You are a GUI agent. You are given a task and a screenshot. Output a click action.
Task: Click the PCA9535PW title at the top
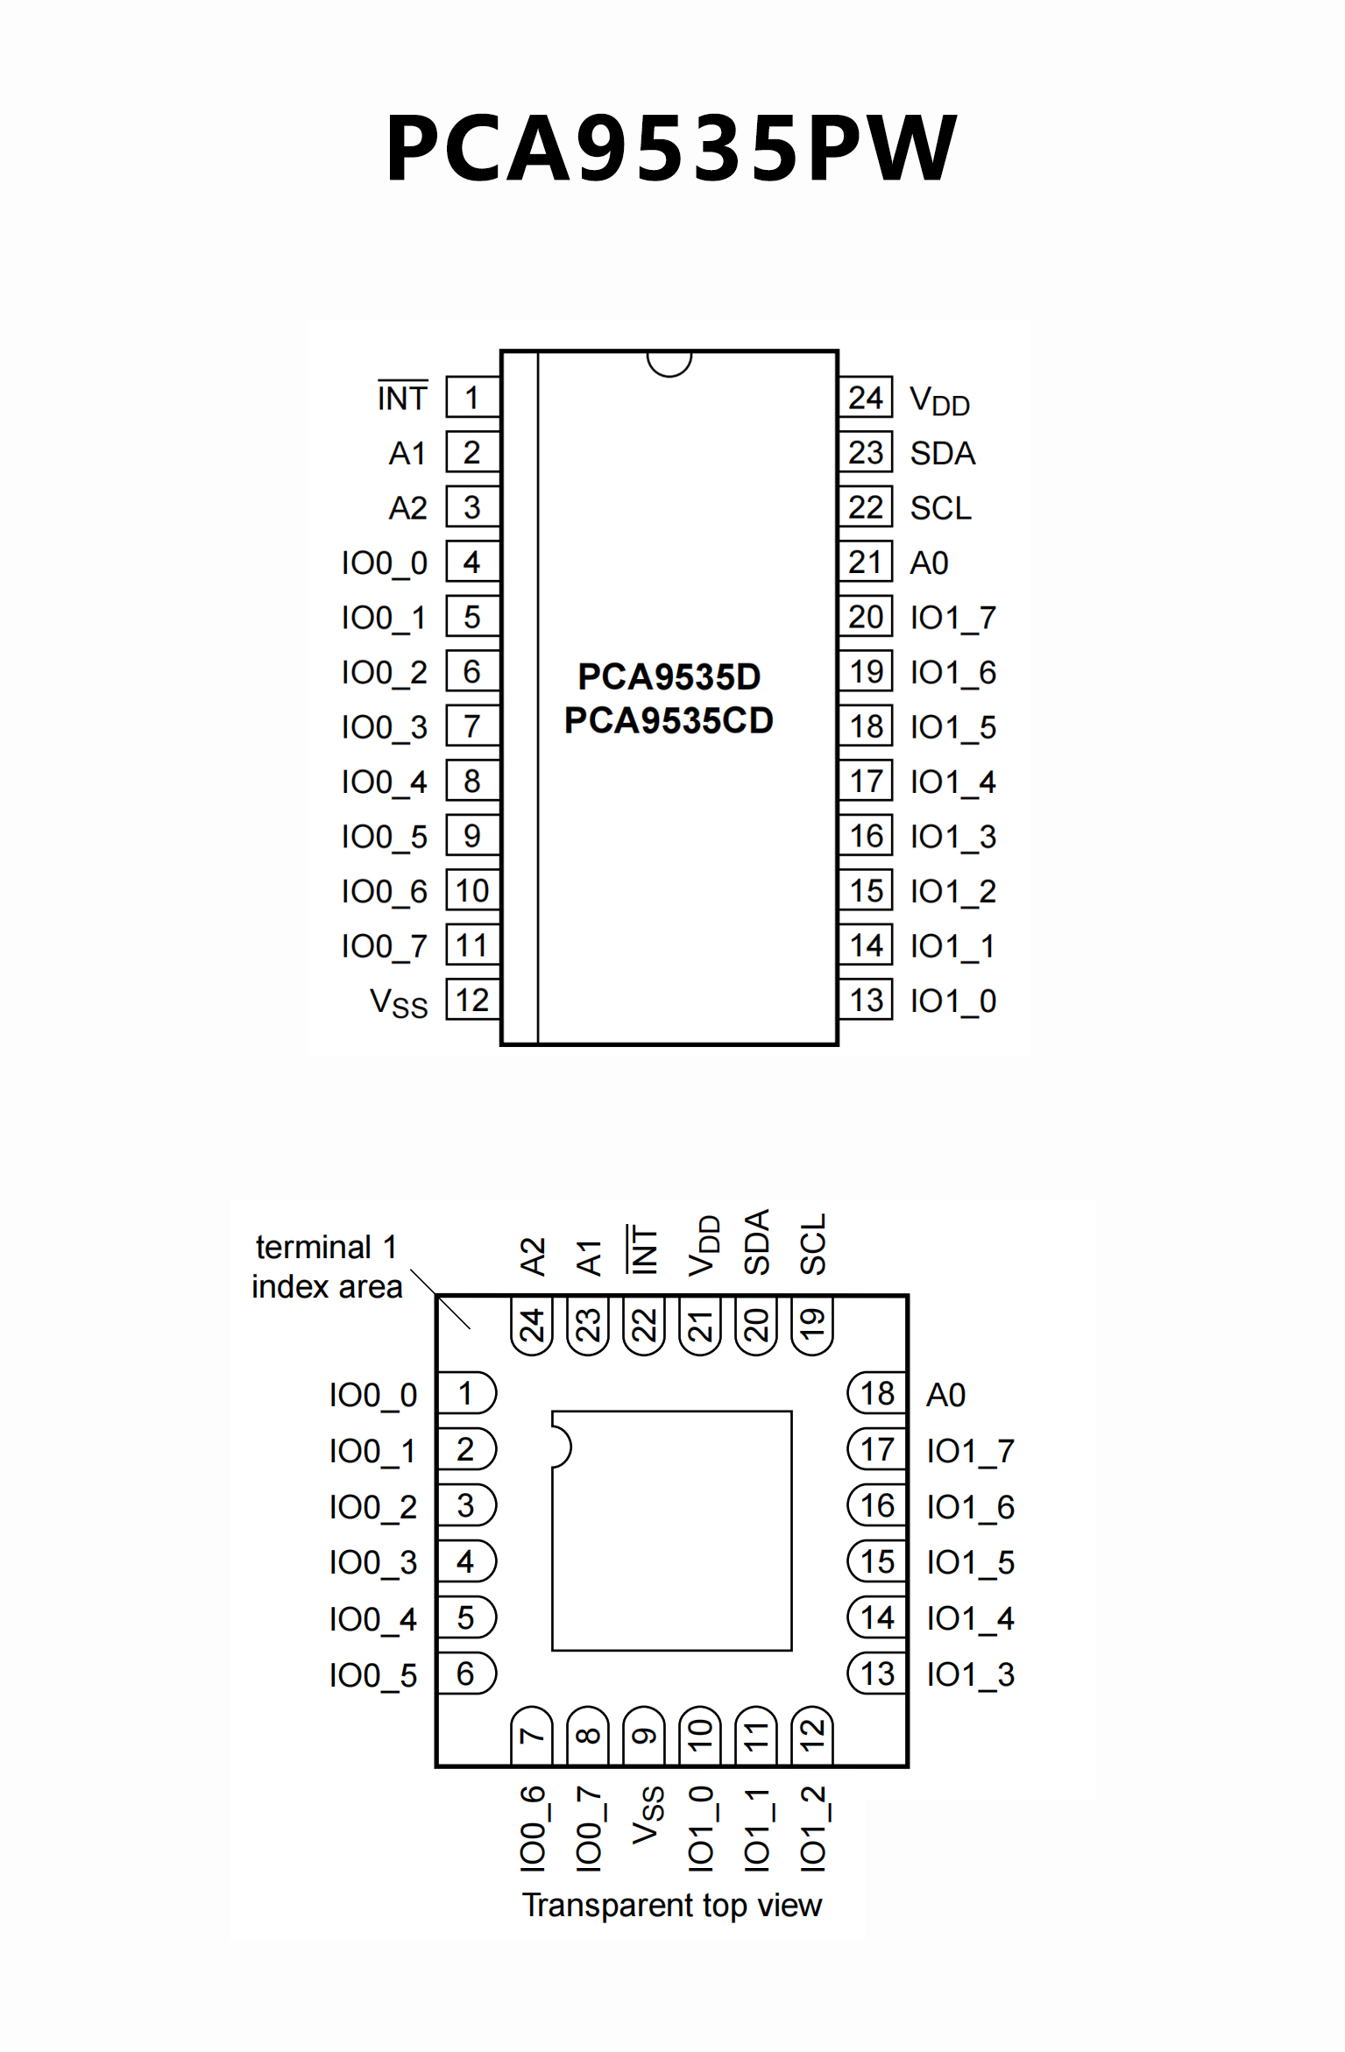(671, 149)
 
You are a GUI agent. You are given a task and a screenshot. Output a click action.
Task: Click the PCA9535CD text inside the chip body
(669, 720)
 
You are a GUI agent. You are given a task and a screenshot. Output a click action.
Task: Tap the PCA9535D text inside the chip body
(669, 676)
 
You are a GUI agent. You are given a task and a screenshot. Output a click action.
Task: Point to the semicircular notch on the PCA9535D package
(669, 362)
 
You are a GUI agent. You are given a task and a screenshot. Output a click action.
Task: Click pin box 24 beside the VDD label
(866, 399)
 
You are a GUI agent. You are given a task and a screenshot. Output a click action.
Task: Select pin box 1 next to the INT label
(472, 399)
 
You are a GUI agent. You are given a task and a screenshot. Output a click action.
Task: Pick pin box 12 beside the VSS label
(472, 1000)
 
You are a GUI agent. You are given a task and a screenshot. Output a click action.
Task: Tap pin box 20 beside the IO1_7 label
(866, 617)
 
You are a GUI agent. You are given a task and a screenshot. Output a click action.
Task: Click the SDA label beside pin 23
(942, 453)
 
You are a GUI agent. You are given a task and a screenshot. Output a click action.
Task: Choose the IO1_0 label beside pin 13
(952, 1001)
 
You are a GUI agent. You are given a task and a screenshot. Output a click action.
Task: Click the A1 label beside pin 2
(407, 453)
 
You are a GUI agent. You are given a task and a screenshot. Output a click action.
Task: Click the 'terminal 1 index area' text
(326, 1266)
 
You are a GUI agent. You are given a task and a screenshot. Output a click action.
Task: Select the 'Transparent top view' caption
(672, 1905)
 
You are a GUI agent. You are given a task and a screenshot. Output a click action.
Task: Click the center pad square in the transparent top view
(672, 1531)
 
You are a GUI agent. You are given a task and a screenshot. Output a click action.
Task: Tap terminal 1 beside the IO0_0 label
(466, 1393)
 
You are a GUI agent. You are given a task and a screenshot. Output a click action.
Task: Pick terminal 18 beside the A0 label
(877, 1393)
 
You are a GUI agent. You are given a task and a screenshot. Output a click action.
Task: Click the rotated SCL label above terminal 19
(812, 1244)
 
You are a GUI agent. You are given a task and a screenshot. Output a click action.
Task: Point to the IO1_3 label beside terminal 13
(970, 1674)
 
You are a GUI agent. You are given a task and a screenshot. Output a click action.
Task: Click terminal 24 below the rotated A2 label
(532, 1325)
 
